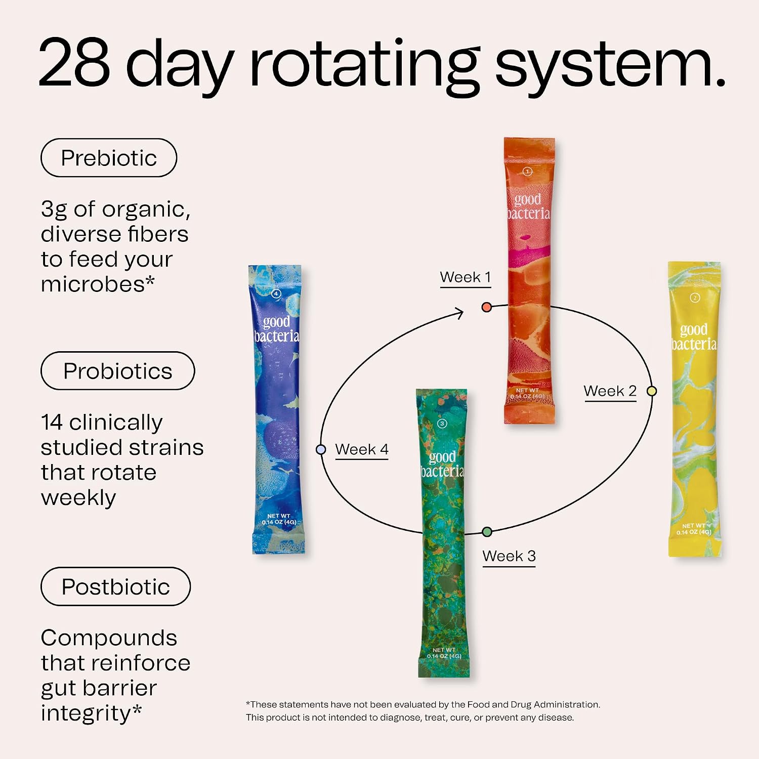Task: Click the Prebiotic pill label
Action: tap(109, 158)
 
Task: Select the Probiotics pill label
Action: tap(117, 371)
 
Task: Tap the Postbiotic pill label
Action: tap(115, 586)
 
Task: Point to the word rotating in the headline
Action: tap(365, 67)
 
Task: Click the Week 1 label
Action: tap(466, 277)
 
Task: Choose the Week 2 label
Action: tap(610, 391)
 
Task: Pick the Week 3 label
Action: tap(509, 556)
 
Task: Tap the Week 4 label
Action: tap(362, 449)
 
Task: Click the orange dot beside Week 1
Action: tap(487, 307)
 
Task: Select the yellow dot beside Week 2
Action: tap(652, 391)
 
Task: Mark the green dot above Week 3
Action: tap(487, 532)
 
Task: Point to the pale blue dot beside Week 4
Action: tap(321, 449)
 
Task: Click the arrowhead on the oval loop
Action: tap(459, 313)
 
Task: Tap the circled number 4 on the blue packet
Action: tap(276, 293)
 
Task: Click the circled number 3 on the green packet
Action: tap(442, 424)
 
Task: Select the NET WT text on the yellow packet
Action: tap(694, 526)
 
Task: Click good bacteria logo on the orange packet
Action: tap(528, 206)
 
